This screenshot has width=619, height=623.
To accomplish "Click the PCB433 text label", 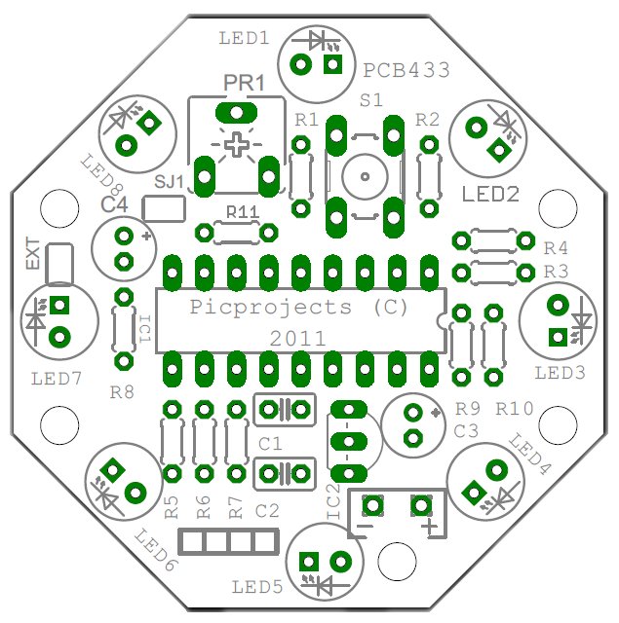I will click(x=407, y=70).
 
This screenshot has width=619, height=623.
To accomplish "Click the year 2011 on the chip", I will click(x=298, y=340).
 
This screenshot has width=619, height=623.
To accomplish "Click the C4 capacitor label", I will click(x=115, y=204).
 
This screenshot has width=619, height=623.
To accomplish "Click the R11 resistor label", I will click(x=242, y=212).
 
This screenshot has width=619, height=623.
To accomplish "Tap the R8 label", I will click(x=123, y=392).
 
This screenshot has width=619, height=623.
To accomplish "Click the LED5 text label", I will click(x=257, y=587).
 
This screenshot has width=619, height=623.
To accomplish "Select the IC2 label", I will click(x=333, y=501).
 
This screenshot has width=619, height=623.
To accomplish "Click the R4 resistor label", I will click(x=556, y=247).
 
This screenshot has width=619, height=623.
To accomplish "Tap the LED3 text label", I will click(x=560, y=373).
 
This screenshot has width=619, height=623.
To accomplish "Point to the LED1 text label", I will click(x=244, y=39).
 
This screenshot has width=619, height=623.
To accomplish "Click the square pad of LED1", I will click(x=333, y=65).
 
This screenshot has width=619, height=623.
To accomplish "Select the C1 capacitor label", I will click(x=271, y=443).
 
